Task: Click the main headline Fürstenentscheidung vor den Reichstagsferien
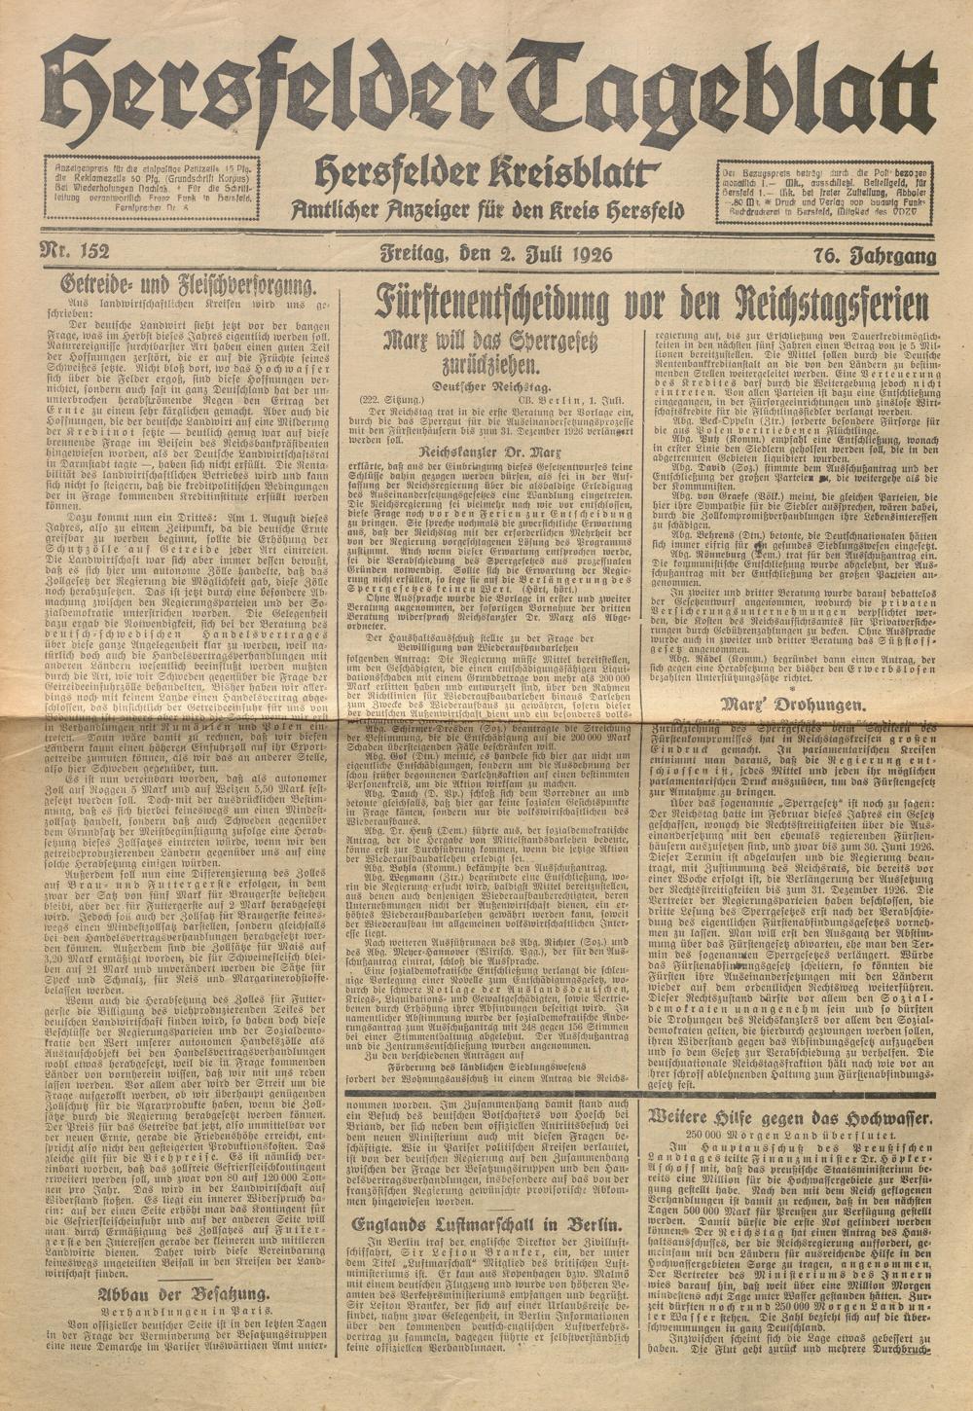coord(650,304)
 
